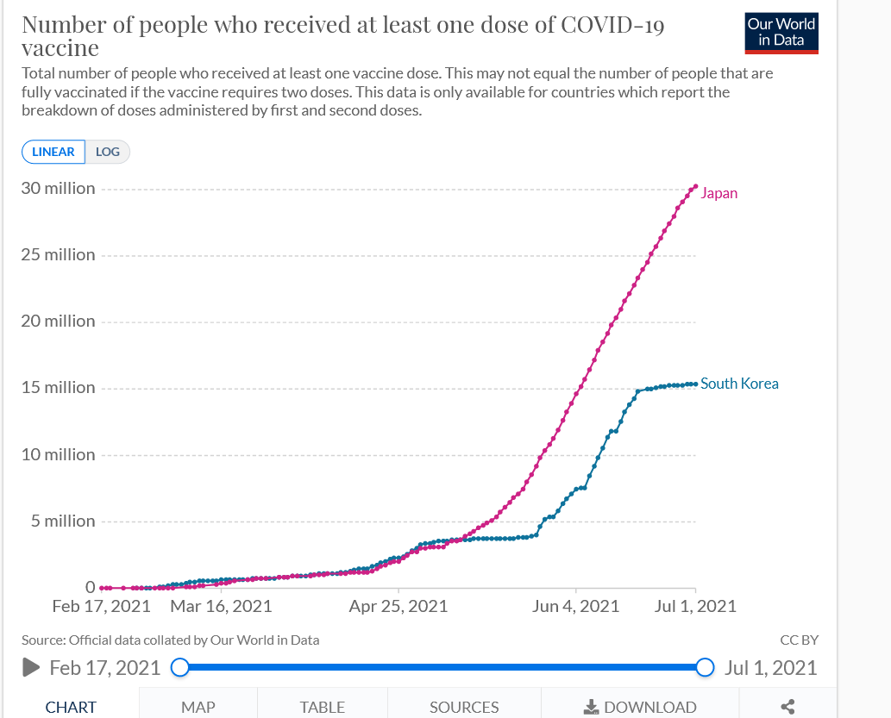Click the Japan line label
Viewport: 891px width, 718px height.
coord(718,193)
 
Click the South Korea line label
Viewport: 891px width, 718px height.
coord(739,384)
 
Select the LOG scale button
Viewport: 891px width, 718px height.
coord(108,152)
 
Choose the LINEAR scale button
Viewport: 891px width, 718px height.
coord(53,152)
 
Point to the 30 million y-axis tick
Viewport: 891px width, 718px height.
coord(59,189)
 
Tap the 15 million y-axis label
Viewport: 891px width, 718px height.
coord(59,388)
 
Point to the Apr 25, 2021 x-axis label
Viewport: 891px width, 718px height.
coord(398,606)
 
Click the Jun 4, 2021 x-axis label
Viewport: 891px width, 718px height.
coord(575,606)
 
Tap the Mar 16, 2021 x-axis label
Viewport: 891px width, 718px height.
coord(221,606)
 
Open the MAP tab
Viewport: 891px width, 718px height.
coord(198,707)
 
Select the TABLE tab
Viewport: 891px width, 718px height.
coord(323,707)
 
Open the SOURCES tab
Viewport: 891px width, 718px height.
coord(464,707)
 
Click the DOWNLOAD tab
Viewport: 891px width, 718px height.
coord(640,707)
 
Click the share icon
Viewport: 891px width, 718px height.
coord(787,707)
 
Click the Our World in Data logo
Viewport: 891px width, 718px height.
coord(781,33)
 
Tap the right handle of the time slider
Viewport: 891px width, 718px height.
coord(705,667)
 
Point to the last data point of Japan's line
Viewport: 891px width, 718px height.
coord(695,186)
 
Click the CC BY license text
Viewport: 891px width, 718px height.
coord(799,640)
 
